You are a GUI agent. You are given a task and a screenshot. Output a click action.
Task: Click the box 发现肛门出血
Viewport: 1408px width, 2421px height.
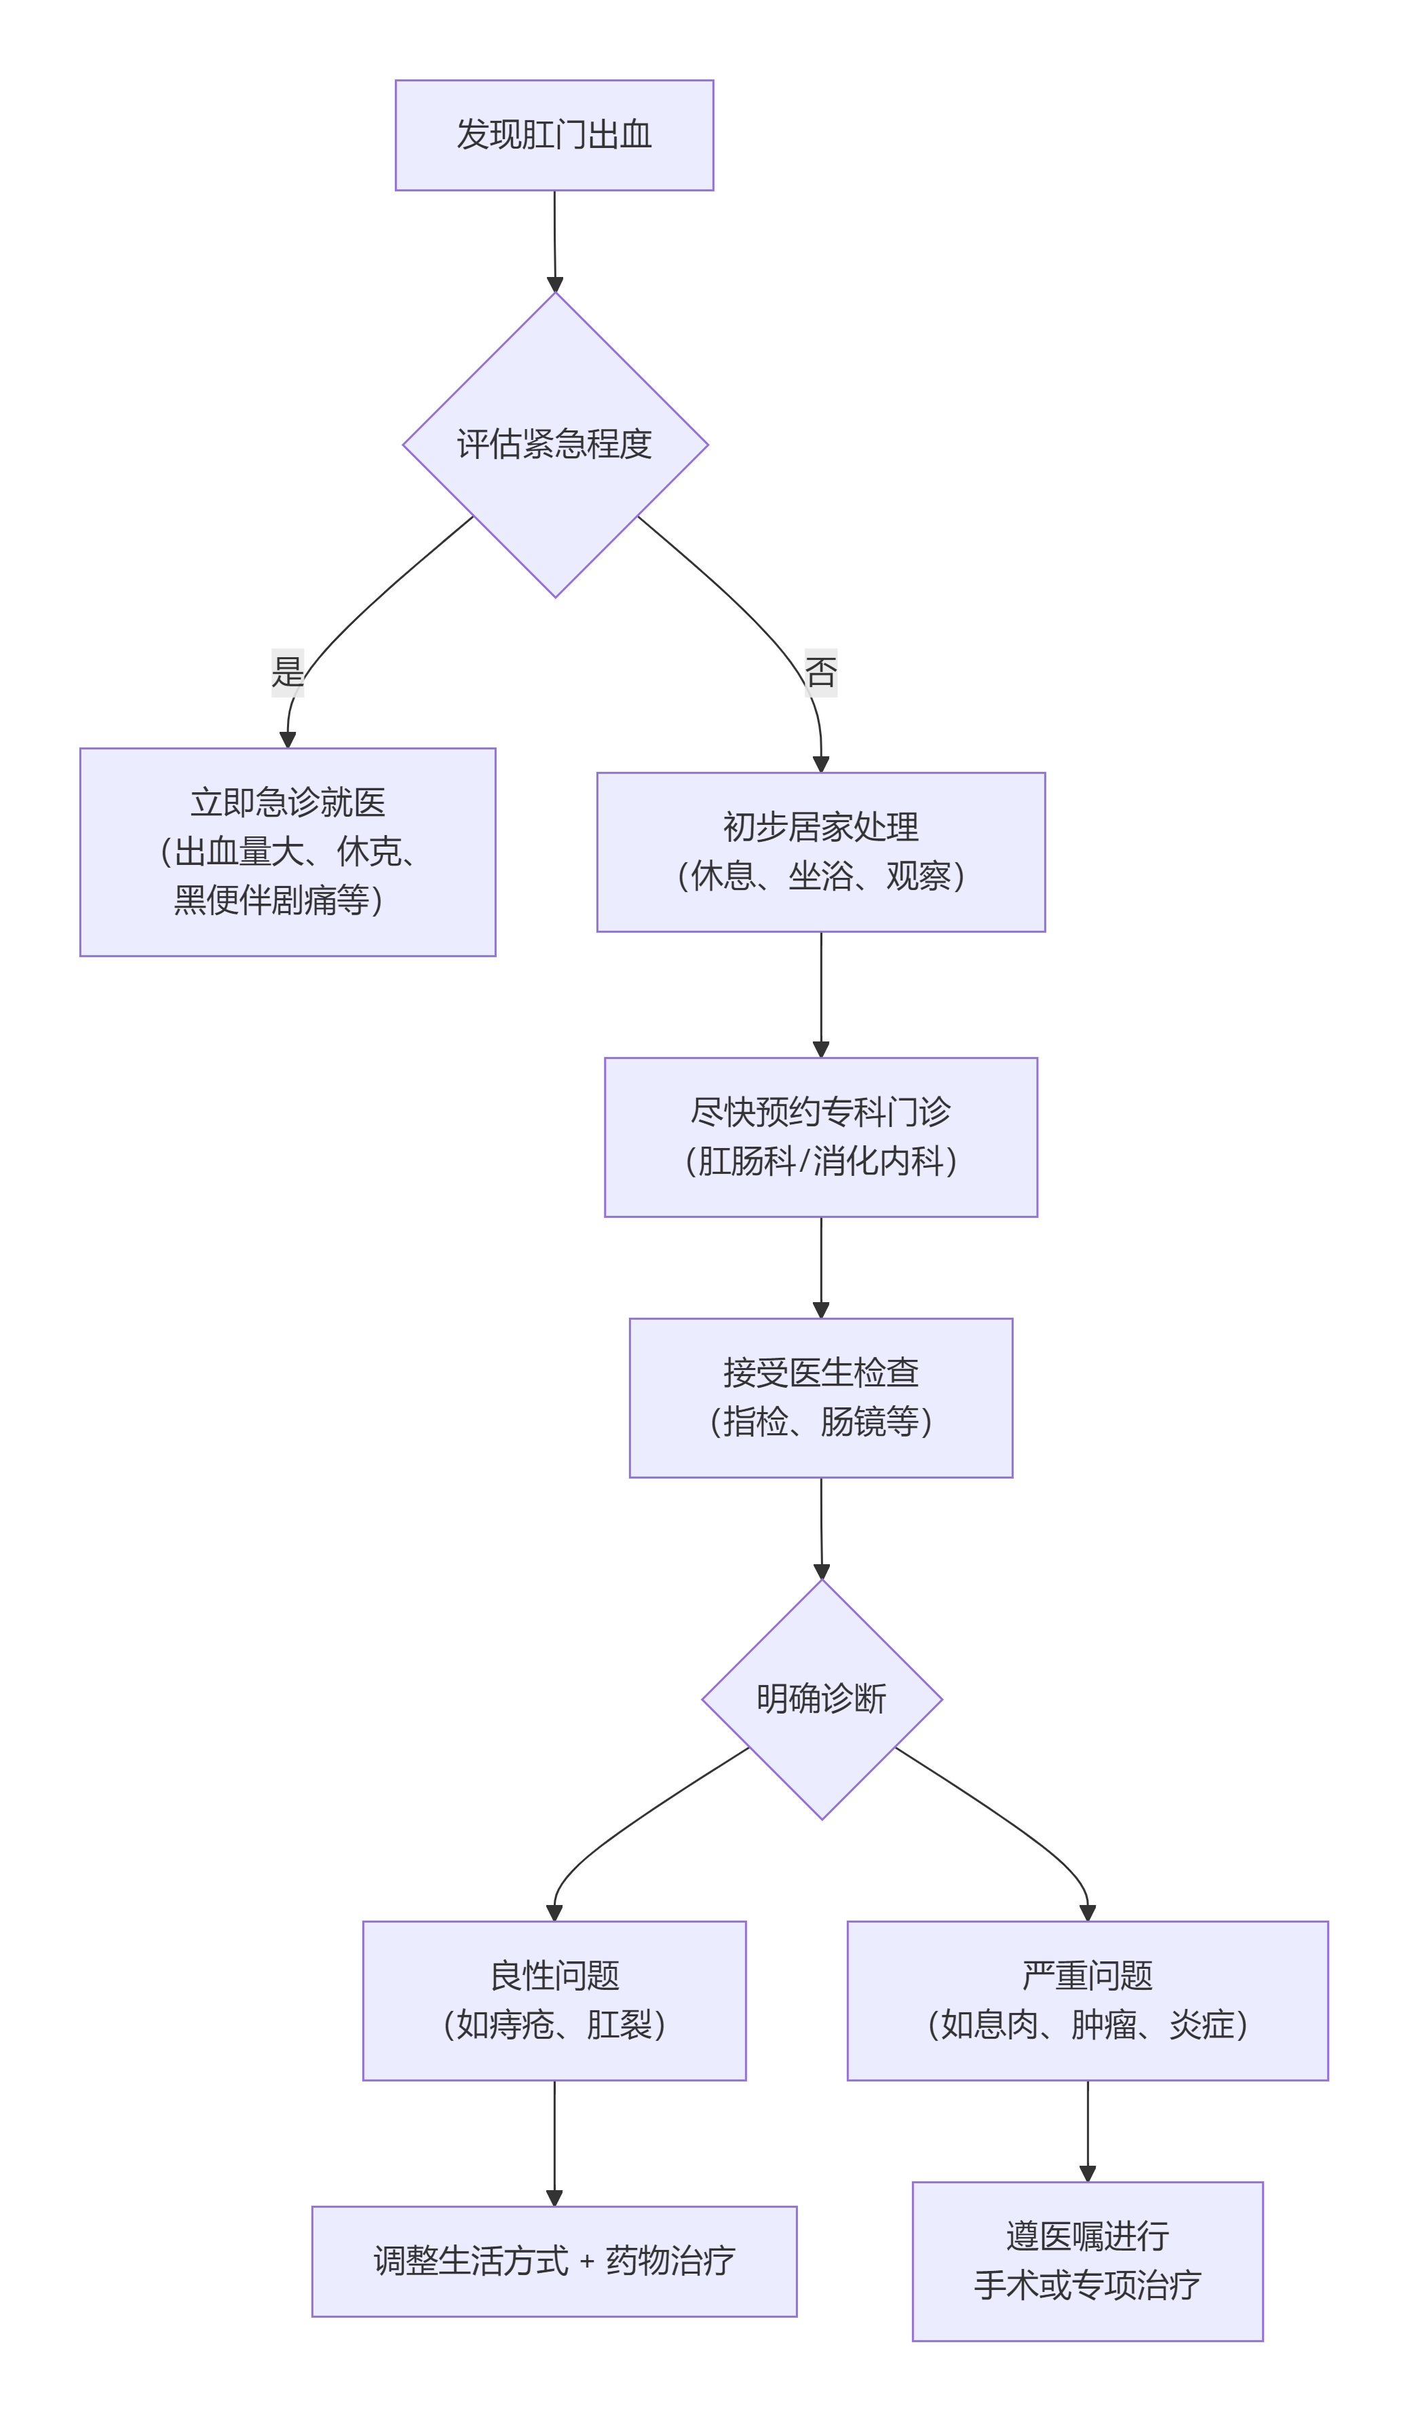554,136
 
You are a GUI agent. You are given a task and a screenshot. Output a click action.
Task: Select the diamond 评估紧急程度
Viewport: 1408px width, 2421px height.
554,445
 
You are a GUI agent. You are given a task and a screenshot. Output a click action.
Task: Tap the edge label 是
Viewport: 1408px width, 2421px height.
287,671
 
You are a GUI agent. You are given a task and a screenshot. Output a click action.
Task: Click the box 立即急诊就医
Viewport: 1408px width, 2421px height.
287,852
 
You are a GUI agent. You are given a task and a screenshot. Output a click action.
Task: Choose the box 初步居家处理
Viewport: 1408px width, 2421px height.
820,852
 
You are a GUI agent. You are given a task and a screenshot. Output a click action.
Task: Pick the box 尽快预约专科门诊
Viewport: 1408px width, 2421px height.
820,1137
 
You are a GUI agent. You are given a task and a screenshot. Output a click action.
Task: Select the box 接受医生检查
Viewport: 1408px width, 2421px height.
820,1398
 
